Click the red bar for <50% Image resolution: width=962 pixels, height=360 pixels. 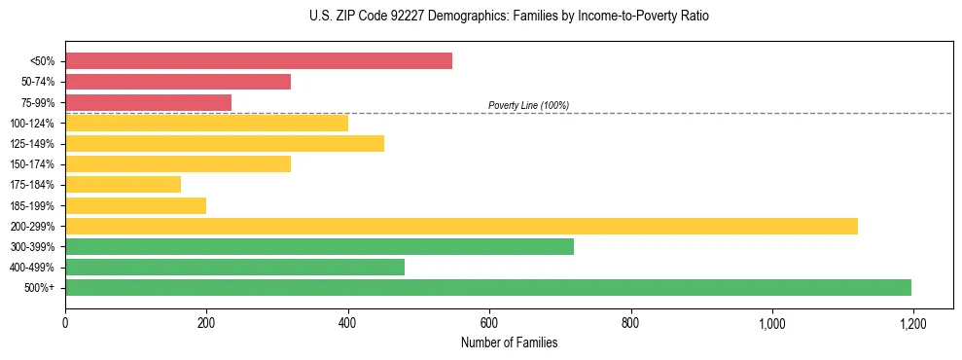click(259, 61)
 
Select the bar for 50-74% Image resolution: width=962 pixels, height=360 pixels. click(178, 82)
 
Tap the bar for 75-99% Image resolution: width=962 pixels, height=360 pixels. click(148, 102)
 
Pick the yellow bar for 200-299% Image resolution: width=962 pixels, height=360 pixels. click(461, 226)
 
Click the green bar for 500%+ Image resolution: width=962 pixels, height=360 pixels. click(488, 287)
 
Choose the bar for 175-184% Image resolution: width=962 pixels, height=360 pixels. click(123, 184)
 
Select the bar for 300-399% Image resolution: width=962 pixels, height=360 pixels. click(319, 246)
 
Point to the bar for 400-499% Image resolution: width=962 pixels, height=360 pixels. click(234, 267)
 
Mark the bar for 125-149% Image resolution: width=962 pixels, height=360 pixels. click(225, 143)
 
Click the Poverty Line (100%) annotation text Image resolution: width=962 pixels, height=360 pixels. click(528, 105)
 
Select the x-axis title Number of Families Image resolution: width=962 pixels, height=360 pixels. click(509, 342)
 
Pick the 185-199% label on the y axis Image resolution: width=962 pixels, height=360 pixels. click(32, 205)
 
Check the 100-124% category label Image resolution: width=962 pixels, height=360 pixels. click(32, 123)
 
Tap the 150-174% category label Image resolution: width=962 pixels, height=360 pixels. click(32, 164)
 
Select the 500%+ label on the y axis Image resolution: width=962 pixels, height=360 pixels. click(39, 287)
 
